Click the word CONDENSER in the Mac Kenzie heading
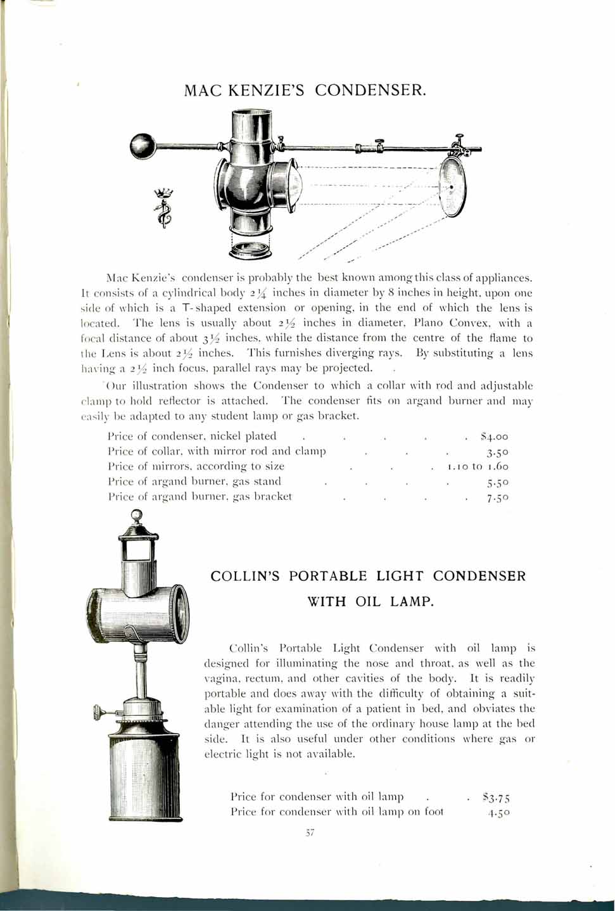click(370, 90)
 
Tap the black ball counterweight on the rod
click(143, 146)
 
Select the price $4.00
click(495, 436)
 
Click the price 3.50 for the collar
click(498, 452)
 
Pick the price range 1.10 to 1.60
click(478, 467)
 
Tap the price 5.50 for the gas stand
click(498, 482)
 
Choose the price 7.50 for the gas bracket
click(498, 497)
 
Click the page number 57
click(310, 834)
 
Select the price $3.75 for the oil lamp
click(497, 798)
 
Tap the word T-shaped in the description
click(267, 308)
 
